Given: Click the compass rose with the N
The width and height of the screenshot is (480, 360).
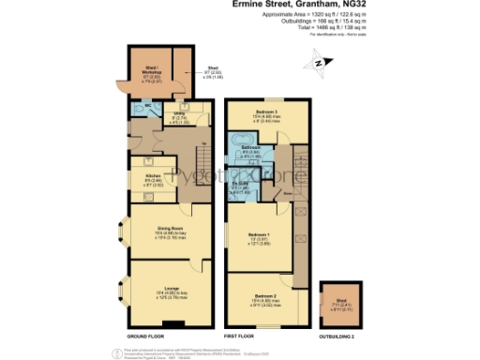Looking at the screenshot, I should click(320, 64).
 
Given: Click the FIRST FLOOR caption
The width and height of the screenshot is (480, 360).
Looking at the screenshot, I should click(242, 335).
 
